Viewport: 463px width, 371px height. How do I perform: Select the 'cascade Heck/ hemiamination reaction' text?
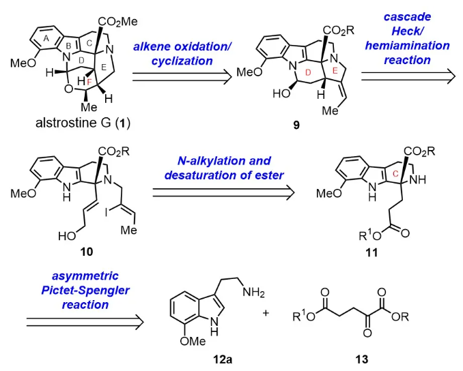point(407,40)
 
